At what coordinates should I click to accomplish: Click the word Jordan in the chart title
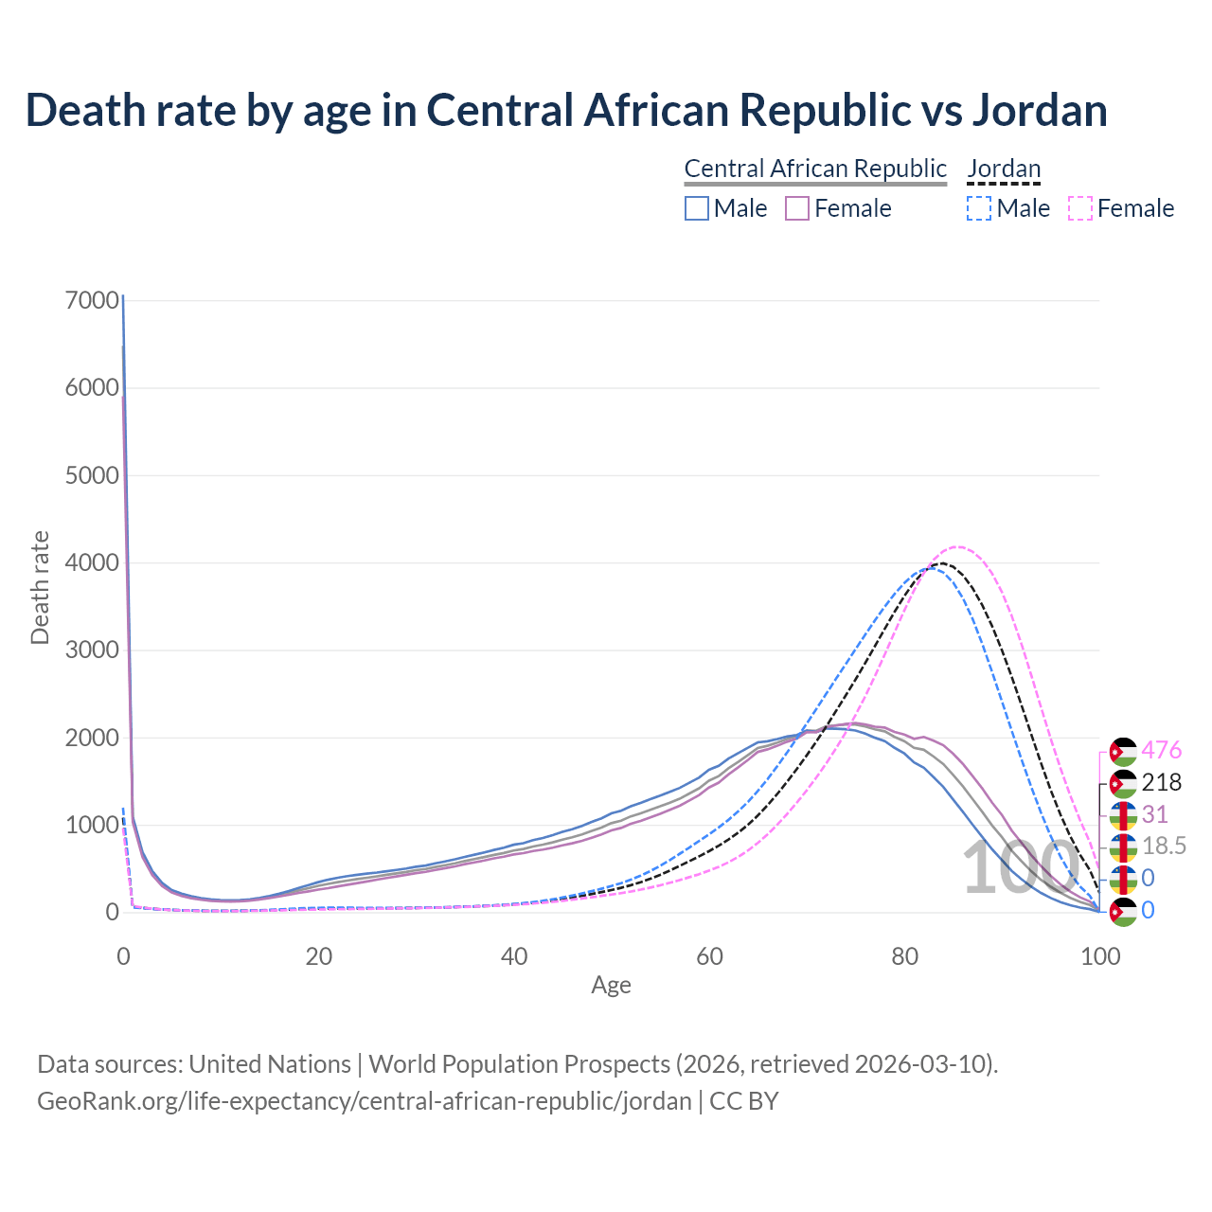coord(1040,110)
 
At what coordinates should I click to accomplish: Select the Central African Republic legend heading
coord(815,169)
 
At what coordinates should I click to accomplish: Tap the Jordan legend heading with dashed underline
coord(1004,169)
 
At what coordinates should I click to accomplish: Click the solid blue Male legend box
coord(697,208)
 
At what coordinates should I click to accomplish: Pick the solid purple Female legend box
coord(797,208)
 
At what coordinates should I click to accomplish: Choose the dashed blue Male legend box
coord(979,208)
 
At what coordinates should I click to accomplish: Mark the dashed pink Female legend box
coord(1080,208)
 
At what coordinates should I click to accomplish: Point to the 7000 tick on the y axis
coord(93,301)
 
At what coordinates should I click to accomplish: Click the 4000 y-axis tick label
coord(93,563)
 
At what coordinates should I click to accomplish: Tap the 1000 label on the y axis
coord(93,825)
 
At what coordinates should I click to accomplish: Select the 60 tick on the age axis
coord(709,956)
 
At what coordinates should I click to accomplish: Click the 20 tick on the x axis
coord(319,956)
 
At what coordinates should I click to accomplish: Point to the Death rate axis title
coord(40,588)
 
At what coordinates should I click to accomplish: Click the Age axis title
coord(611,985)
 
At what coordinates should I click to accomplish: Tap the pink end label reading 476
coord(1162,750)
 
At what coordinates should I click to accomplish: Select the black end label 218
coord(1162,782)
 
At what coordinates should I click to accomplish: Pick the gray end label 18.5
coord(1164,847)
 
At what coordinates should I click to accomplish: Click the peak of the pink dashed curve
coord(958,546)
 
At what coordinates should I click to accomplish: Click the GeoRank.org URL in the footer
coord(365,1101)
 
